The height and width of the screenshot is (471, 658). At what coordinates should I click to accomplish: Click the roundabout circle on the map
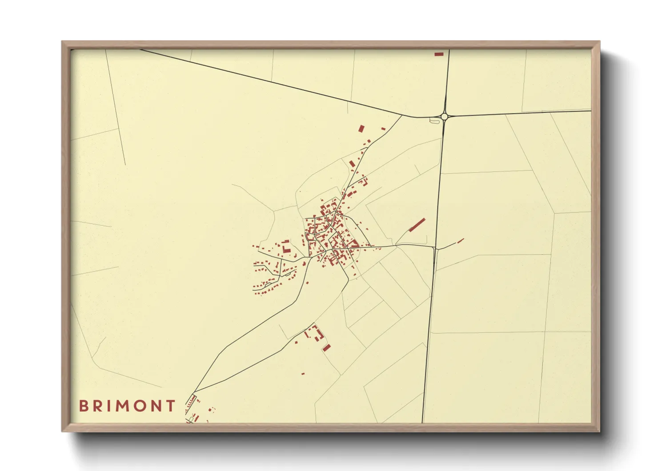click(444, 117)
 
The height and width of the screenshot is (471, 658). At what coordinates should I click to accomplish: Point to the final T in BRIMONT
click(170, 406)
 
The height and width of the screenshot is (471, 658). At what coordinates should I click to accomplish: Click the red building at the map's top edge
click(439, 54)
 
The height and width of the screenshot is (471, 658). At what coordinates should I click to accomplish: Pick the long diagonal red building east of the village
click(417, 225)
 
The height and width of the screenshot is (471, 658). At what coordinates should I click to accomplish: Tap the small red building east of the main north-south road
click(461, 241)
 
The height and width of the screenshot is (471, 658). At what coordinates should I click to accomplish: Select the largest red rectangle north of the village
click(361, 129)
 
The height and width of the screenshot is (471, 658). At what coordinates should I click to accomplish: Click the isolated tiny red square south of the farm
click(303, 374)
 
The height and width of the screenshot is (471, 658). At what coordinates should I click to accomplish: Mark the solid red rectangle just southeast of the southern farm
click(327, 347)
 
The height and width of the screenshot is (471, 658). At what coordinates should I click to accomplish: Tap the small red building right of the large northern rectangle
click(383, 129)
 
